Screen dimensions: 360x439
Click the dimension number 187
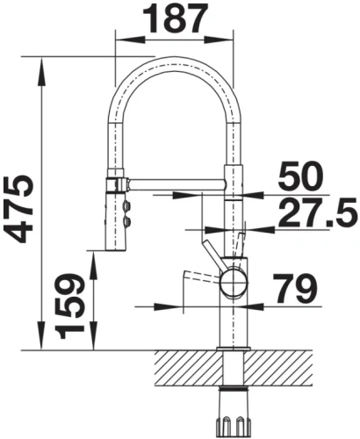pyautogui.click(x=175, y=18)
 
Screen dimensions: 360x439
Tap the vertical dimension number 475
pyautogui.click(x=18, y=209)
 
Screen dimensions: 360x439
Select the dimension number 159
pyautogui.click(x=70, y=306)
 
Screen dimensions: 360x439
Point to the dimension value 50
pyautogui.click(x=300, y=176)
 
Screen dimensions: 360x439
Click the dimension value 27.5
pyautogui.click(x=318, y=212)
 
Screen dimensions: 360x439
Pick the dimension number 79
pyautogui.click(x=295, y=289)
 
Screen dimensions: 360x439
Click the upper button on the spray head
pyautogui.click(x=127, y=205)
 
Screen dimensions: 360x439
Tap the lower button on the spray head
pyautogui.click(x=127, y=221)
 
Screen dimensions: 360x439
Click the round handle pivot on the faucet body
pyautogui.click(x=234, y=283)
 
